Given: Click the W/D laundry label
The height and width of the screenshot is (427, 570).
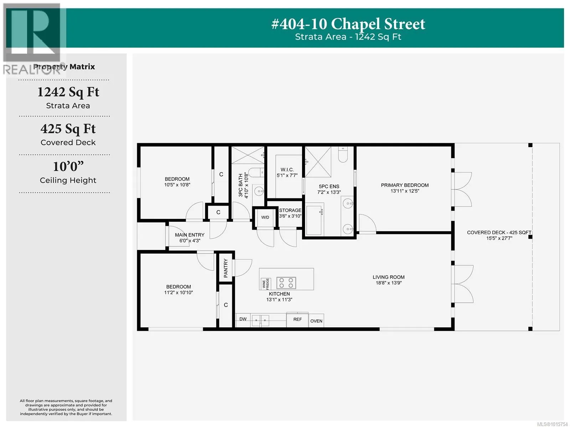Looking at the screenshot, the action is (x=265, y=217).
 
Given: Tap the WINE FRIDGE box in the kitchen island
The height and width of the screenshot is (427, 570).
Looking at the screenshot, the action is (x=266, y=284).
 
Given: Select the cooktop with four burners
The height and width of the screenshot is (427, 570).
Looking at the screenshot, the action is (x=286, y=283).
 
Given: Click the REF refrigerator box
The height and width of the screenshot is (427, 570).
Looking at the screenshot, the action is (x=297, y=320).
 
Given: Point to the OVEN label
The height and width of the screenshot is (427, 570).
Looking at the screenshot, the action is (x=316, y=321).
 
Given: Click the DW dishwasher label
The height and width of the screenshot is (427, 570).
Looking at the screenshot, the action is (x=243, y=319).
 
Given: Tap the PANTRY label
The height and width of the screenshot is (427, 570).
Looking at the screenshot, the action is (x=226, y=268).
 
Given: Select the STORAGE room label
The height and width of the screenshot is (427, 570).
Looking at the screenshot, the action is (x=290, y=210).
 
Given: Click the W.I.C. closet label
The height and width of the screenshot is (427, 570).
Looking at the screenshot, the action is (x=287, y=170).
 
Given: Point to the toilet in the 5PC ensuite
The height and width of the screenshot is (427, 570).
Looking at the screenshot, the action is (x=343, y=154).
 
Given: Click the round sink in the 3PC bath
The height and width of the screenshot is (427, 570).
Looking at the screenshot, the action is (x=259, y=191).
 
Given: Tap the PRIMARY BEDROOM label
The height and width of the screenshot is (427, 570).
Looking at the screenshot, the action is (x=405, y=185).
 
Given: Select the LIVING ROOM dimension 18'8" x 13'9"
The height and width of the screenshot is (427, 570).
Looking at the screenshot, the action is (x=388, y=283).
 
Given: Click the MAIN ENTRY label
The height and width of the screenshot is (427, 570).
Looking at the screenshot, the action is (x=190, y=235).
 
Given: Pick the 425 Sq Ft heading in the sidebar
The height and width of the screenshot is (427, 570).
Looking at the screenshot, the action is (x=68, y=129).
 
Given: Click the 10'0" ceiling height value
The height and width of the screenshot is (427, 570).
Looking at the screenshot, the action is (x=68, y=166).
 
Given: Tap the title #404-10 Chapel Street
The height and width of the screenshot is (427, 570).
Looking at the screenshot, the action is (x=348, y=24).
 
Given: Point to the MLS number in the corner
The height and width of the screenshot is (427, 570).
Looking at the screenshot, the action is (x=552, y=424).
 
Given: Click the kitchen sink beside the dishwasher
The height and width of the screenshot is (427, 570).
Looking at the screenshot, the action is (x=260, y=321).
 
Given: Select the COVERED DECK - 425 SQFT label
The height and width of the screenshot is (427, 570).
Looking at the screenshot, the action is (x=499, y=233).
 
